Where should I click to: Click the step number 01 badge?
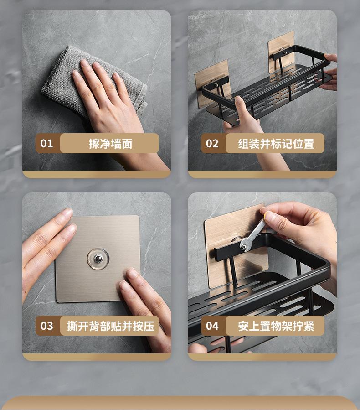click(47, 143)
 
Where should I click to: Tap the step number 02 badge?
click(212, 143)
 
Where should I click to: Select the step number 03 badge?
click(47, 326)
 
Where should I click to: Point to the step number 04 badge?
click(212, 326)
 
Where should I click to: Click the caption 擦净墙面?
click(111, 144)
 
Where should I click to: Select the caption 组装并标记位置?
click(276, 144)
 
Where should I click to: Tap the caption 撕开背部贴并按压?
click(111, 326)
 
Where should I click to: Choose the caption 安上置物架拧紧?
click(276, 326)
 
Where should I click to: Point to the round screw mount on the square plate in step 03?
click(98, 259)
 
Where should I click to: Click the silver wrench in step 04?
click(252, 234)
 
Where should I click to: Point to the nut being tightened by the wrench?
click(244, 247)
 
